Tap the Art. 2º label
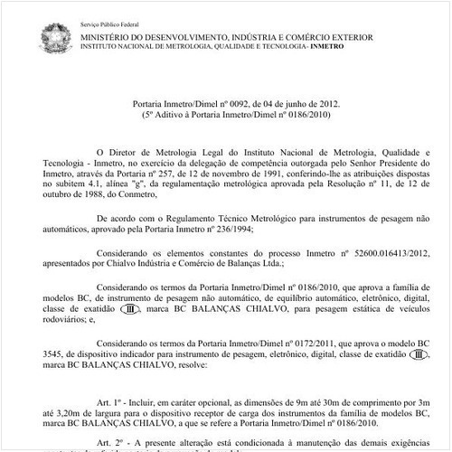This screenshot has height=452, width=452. (106, 445)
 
